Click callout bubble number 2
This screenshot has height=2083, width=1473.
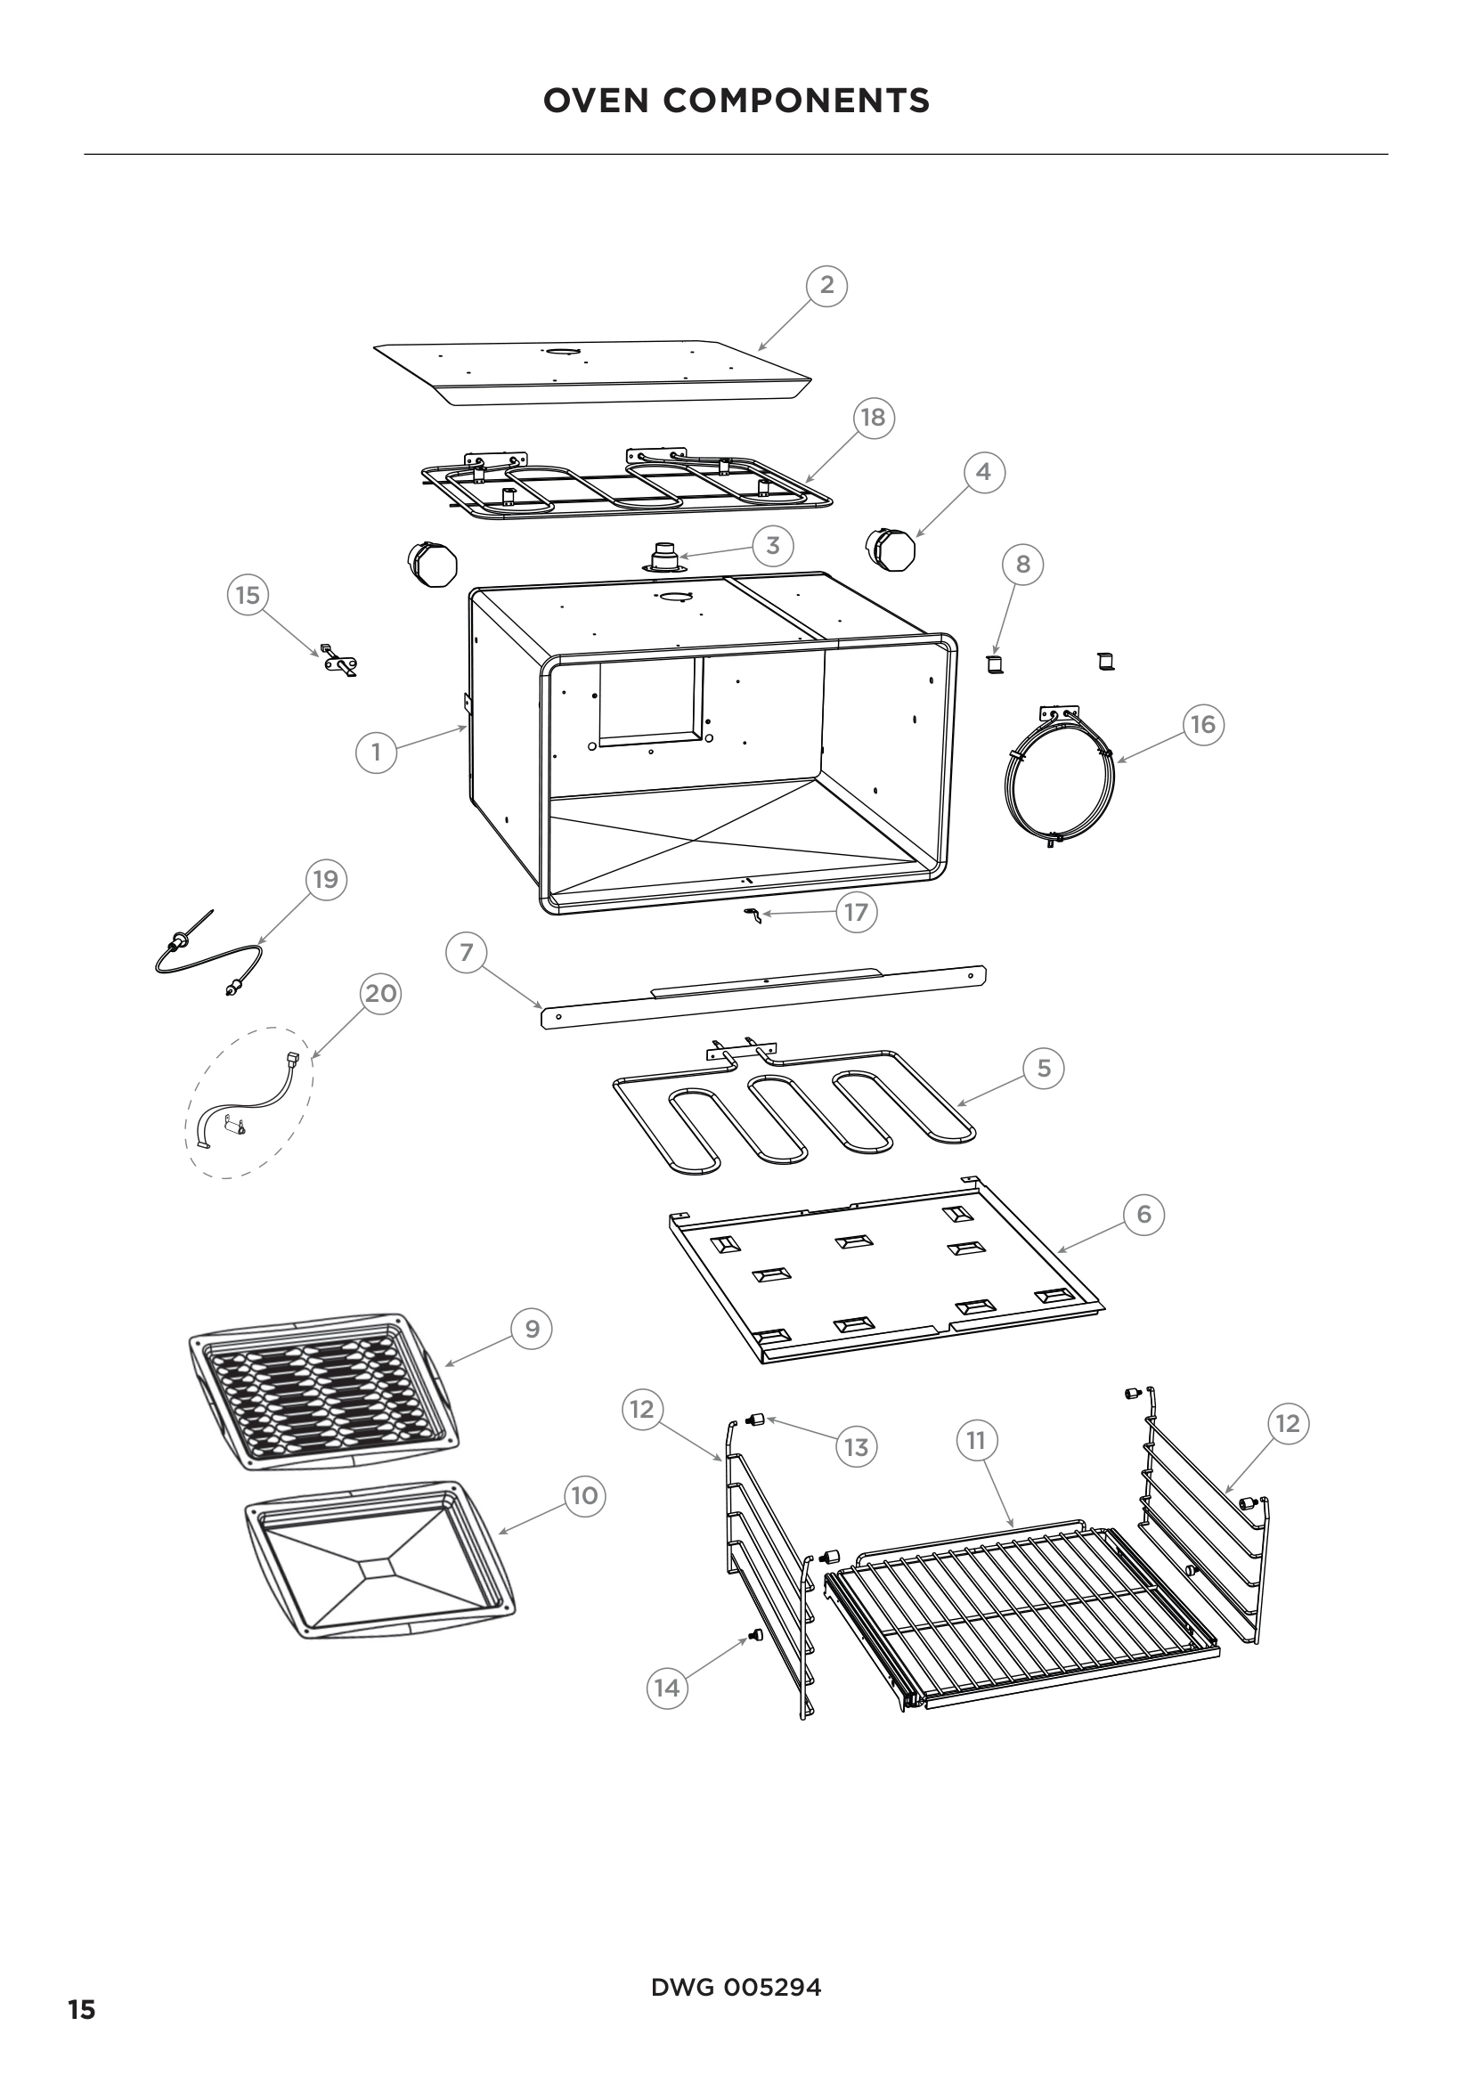coord(826,286)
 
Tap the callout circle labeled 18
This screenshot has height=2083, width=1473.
coord(873,418)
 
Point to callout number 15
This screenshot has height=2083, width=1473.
coord(248,596)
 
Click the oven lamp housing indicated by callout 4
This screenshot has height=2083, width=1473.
coord(891,549)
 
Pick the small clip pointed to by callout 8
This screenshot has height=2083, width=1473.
coord(996,664)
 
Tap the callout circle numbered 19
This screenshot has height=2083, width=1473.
coord(325,879)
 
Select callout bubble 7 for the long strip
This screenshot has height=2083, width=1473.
coord(466,953)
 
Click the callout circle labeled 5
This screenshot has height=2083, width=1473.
coord(1043,1069)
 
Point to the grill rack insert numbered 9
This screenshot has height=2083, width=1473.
coord(322,1391)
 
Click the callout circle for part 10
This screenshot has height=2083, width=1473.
coord(584,1496)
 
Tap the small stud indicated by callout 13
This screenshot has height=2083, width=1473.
coord(752,1419)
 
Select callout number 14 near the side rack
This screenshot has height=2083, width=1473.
coord(667,1688)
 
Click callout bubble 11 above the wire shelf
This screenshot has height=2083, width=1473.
coord(975,1441)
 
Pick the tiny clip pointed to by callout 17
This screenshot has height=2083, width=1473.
coord(752,915)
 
